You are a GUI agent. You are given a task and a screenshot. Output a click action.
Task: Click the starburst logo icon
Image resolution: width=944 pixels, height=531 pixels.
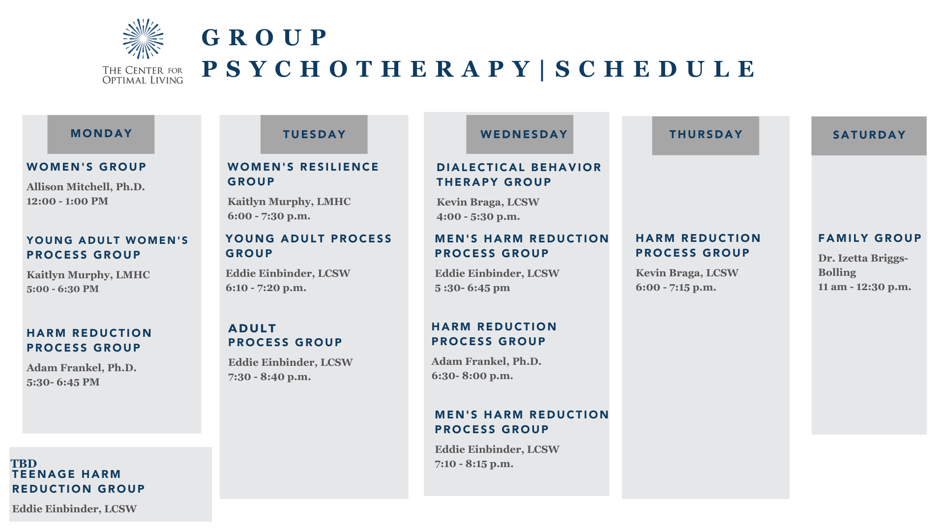click(143, 39)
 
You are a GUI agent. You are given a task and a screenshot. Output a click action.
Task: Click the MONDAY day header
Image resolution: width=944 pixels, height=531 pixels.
click(101, 134)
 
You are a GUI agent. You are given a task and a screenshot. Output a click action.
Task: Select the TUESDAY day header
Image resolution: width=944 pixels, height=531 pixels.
click(314, 134)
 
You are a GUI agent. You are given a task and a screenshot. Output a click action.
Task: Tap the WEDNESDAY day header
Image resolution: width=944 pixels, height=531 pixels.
click(524, 134)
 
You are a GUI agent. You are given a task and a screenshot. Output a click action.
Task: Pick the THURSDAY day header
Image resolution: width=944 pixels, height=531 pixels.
click(706, 134)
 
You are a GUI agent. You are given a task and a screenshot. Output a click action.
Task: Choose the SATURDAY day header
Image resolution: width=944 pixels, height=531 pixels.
click(869, 135)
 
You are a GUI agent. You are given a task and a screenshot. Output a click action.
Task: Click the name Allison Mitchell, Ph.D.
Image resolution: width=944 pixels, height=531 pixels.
click(86, 187)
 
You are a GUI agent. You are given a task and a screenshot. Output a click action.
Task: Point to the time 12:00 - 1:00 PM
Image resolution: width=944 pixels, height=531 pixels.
click(67, 201)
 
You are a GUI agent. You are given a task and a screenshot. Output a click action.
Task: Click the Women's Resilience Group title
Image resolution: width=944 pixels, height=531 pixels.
click(303, 174)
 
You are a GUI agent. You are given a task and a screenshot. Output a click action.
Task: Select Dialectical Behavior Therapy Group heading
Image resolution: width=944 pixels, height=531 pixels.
click(519, 175)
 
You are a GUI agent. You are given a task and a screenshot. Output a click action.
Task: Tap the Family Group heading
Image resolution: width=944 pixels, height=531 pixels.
click(870, 238)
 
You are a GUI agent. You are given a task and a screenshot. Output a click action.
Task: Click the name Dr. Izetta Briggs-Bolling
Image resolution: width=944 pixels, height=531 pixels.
click(862, 265)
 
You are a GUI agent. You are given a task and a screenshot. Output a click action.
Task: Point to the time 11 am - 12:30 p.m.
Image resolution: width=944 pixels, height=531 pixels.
click(864, 287)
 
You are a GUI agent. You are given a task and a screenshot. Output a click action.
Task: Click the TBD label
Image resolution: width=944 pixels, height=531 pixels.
click(24, 463)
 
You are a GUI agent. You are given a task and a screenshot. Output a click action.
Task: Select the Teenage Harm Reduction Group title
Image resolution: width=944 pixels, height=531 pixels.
click(79, 481)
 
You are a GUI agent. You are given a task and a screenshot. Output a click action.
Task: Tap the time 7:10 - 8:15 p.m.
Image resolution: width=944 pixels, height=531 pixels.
click(474, 464)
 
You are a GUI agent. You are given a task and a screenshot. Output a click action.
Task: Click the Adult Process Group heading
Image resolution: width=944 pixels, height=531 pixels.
click(285, 335)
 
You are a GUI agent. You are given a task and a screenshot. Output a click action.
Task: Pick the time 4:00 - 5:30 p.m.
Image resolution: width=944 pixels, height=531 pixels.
click(478, 216)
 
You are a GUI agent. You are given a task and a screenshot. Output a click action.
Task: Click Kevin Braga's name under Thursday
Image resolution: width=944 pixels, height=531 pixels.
click(687, 273)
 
